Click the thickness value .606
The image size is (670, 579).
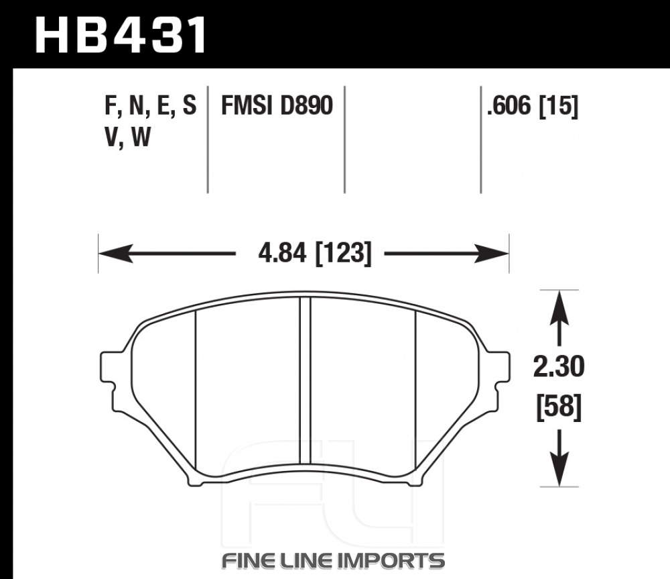click(x=509, y=105)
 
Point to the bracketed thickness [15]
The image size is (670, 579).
click(x=559, y=106)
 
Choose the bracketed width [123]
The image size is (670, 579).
click(x=344, y=253)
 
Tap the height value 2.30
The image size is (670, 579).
click(x=559, y=367)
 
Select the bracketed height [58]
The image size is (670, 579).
click(x=559, y=407)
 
